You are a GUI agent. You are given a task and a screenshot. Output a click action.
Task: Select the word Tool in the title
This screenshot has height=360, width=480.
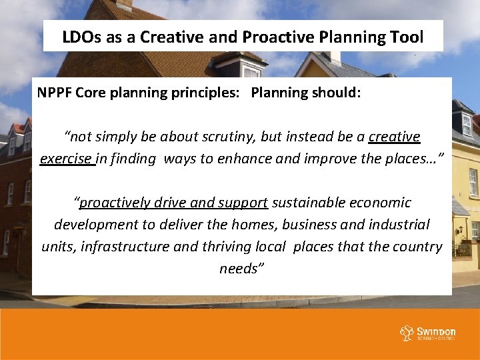pos(407,37)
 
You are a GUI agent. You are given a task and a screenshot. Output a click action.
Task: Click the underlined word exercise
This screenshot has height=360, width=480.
pos(66,159)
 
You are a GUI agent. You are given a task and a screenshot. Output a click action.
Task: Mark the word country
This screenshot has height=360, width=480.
pos(417,247)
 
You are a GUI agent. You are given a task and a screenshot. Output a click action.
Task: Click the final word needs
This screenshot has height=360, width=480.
pos(239,269)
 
